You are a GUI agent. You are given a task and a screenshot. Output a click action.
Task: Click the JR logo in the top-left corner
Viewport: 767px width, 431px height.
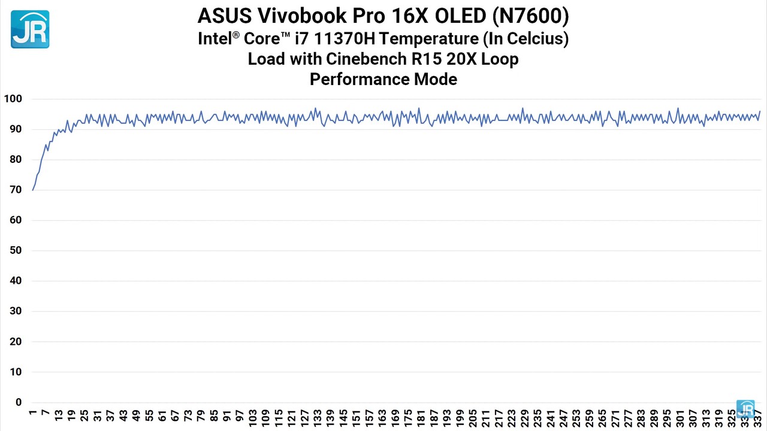pyautogui.click(x=30, y=29)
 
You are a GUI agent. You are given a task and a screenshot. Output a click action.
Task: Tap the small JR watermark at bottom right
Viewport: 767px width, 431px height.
pyautogui.click(x=745, y=408)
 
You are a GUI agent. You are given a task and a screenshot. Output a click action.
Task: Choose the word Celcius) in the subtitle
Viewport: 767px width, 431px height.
pyautogui.click(x=538, y=39)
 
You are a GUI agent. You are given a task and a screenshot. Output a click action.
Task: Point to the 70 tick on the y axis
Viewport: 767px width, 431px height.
pyautogui.click(x=15, y=190)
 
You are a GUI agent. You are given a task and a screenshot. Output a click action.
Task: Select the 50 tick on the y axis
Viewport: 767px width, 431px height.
pyautogui.click(x=15, y=250)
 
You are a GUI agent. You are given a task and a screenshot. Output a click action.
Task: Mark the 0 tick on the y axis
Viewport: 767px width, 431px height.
pyautogui.click(x=19, y=402)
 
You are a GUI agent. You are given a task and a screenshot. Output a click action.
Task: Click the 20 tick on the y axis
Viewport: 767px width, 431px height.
pyautogui.click(x=15, y=342)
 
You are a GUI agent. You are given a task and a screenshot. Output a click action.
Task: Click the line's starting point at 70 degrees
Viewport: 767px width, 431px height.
pyautogui.click(x=33, y=190)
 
